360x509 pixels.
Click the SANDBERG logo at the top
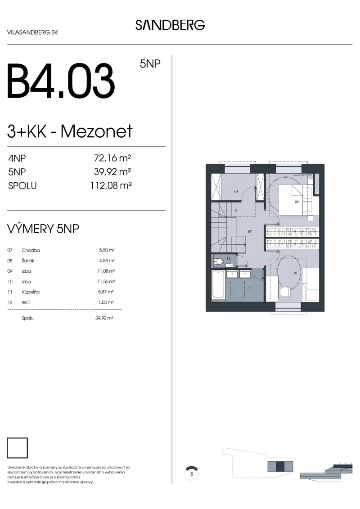(x=170, y=25)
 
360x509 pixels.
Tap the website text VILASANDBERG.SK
(x=32, y=32)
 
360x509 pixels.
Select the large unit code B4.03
(x=61, y=81)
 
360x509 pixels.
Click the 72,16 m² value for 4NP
(x=112, y=158)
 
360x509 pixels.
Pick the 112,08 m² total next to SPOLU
(x=111, y=185)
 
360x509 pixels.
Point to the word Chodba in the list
(x=31, y=250)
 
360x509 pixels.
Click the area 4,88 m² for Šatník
(x=107, y=261)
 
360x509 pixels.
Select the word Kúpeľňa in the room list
(x=31, y=292)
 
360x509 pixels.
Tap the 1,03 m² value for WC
(x=106, y=302)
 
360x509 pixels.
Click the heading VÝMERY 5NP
(x=43, y=229)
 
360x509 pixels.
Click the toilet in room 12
(x=219, y=261)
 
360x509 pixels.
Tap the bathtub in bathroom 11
(x=218, y=284)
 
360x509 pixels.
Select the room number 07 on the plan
(x=250, y=231)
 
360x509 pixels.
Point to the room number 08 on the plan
(x=236, y=191)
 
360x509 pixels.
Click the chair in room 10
(x=285, y=292)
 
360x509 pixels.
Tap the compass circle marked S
(x=192, y=473)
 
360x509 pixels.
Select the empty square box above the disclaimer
(x=17, y=448)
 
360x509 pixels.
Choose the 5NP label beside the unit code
(x=150, y=63)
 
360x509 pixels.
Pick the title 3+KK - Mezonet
(x=70, y=131)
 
